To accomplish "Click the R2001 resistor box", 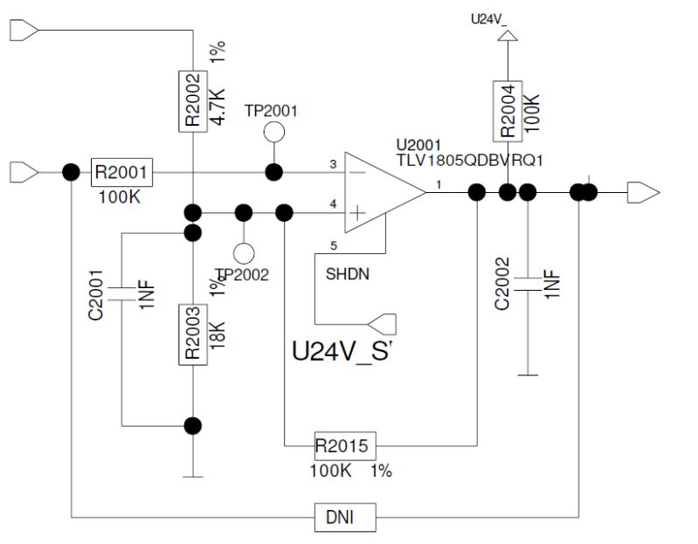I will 121,172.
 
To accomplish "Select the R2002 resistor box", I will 192,100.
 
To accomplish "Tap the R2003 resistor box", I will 192,334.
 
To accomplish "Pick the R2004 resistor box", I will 509,111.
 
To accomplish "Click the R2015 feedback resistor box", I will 345,447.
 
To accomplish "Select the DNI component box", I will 346,518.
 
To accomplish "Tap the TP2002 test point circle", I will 245,253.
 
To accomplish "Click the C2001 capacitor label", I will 97,295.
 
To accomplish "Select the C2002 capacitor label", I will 501,284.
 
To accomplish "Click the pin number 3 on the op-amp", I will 333,164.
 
